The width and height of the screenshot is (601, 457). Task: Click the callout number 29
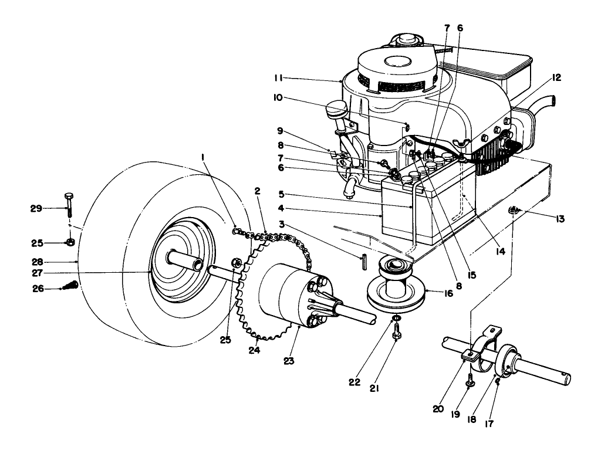36,208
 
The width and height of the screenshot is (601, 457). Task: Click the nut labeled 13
515,209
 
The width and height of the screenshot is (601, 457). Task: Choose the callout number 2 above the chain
258,191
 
